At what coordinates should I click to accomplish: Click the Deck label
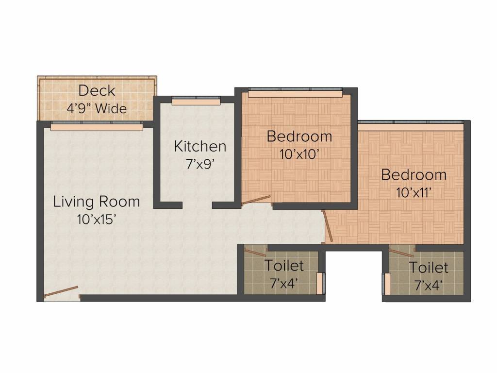[x=97, y=91]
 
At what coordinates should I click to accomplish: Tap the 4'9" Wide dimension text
[x=97, y=108]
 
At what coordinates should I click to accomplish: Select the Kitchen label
[x=200, y=147]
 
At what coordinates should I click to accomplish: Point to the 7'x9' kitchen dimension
[x=200, y=164]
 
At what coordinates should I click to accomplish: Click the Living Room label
[x=97, y=202]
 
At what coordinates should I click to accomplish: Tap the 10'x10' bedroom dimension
[x=299, y=154]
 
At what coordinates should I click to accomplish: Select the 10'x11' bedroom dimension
[x=414, y=192]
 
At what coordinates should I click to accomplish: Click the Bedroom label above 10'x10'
[x=299, y=136]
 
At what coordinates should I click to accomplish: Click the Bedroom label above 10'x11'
[x=414, y=175]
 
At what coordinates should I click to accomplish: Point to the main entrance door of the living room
[x=61, y=292]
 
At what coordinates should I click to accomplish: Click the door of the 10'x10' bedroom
[x=256, y=201]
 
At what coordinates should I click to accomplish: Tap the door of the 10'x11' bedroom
[x=327, y=226]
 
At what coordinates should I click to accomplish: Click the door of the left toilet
[x=255, y=252]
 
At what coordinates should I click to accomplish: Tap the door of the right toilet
[x=402, y=253]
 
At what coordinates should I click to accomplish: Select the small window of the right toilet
[x=387, y=284]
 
